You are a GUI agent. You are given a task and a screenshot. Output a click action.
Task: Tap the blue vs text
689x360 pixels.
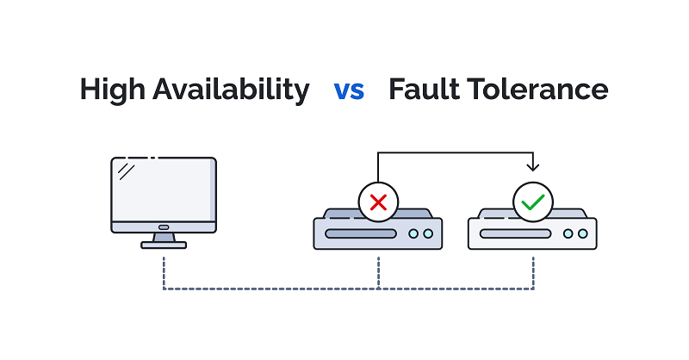[349, 90]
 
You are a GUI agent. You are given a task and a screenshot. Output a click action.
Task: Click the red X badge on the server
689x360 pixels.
[378, 202]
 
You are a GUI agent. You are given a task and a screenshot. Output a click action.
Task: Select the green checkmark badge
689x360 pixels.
[533, 202]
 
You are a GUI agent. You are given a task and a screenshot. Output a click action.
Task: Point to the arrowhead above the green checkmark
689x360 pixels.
[533, 166]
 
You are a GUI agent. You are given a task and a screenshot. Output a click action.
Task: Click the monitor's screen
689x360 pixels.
[164, 189]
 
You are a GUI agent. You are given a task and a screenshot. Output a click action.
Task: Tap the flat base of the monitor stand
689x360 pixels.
[164, 245]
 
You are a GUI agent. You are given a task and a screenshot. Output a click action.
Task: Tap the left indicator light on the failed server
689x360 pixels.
[414, 233]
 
